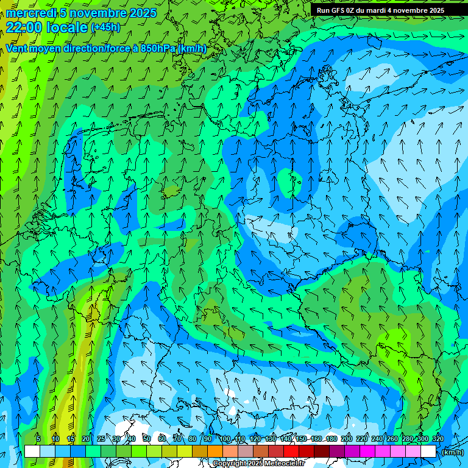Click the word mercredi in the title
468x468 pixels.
coord(28,13)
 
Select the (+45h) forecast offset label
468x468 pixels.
coord(105,27)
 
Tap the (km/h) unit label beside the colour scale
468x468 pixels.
coord(453,452)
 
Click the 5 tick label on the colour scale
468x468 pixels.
coord(38,439)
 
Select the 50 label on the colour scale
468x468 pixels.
coord(146,439)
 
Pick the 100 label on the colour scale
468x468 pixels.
coord(225,439)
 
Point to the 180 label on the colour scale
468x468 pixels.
coord(331,439)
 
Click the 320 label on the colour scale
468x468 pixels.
coord(438,439)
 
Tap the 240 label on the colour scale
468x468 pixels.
coord(377,439)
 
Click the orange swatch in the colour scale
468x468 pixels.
coord(214,452)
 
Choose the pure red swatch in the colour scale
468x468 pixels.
coord(291,452)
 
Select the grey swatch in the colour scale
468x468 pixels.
coord(245,452)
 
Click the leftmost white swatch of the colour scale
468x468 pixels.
coord(32,452)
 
